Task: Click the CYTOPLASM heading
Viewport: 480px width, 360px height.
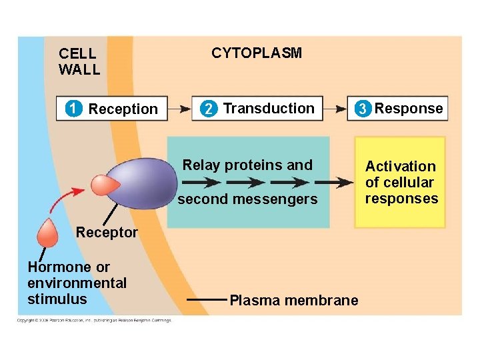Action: pyautogui.click(x=256, y=53)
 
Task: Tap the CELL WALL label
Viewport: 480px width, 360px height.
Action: pyautogui.click(x=79, y=61)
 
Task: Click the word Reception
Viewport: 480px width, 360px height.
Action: pyautogui.click(x=123, y=109)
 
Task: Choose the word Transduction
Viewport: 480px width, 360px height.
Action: pyautogui.click(x=268, y=109)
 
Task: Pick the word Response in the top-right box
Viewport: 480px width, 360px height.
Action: pyautogui.click(x=408, y=109)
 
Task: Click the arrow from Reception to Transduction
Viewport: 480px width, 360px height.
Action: pyautogui.click(x=178, y=108)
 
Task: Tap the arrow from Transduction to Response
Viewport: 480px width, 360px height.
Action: pyautogui.click(x=337, y=108)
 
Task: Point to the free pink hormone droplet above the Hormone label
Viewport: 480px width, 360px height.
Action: pyautogui.click(x=48, y=233)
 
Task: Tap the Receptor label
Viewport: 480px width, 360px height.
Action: pyautogui.click(x=107, y=233)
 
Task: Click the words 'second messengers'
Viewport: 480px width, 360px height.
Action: pyautogui.click(x=247, y=199)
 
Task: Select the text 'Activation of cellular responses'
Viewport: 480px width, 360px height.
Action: pyautogui.click(x=401, y=183)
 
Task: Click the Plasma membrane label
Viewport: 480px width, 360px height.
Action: pyautogui.click(x=293, y=301)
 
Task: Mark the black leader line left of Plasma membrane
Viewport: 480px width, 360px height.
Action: pyautogui.click(x=207, y=300)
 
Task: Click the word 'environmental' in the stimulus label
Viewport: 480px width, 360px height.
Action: pyautogui.click(x=77, y=283)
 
